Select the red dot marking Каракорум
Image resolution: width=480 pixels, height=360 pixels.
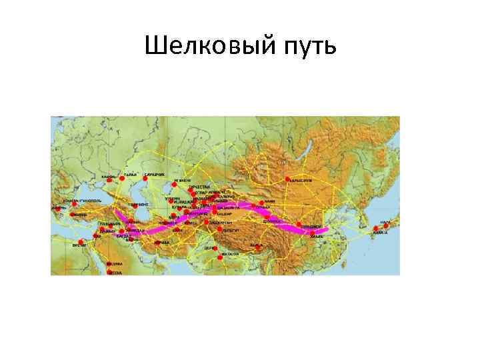pyautogui.click(x=287, y=179)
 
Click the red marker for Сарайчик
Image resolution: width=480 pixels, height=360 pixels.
pyautogui.click(x=145, y=178)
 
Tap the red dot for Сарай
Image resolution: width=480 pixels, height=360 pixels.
pyautogui.click(x=123, y=179)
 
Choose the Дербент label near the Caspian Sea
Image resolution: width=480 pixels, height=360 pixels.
pyautogui.click(x=141, y=205)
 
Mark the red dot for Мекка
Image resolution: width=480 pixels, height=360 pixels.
pyautogui.click(x=109, y=272)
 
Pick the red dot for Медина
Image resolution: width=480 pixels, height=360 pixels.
pyautogui.click(x=109, y=264)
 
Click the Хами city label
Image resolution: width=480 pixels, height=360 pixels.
pyautogui.click(x=270, y=201)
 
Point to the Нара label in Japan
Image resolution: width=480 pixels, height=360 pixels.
pyautogui.click(x=385, y=221)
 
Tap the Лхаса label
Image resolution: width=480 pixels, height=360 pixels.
pyautogui.click(x=257, y=245)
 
